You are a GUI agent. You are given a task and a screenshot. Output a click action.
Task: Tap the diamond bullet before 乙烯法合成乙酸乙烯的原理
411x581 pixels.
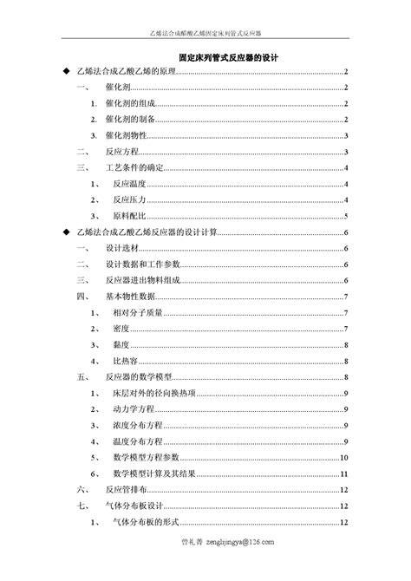(66, 73)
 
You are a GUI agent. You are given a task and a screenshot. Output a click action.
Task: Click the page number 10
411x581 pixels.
(344, 458)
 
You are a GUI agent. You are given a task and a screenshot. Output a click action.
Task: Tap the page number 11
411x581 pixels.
(344, 473)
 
